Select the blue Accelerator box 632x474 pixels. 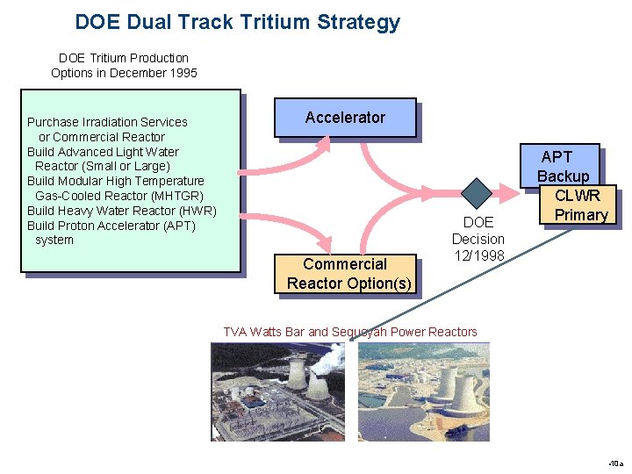(345, 118)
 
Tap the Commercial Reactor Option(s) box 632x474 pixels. (345, 273)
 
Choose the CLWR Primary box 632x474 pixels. (580, 205)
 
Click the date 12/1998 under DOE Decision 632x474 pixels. (478, 255)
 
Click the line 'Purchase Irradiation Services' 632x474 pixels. (107, 122)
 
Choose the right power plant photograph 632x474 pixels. (424, 391)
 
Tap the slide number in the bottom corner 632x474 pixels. (614, 463)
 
